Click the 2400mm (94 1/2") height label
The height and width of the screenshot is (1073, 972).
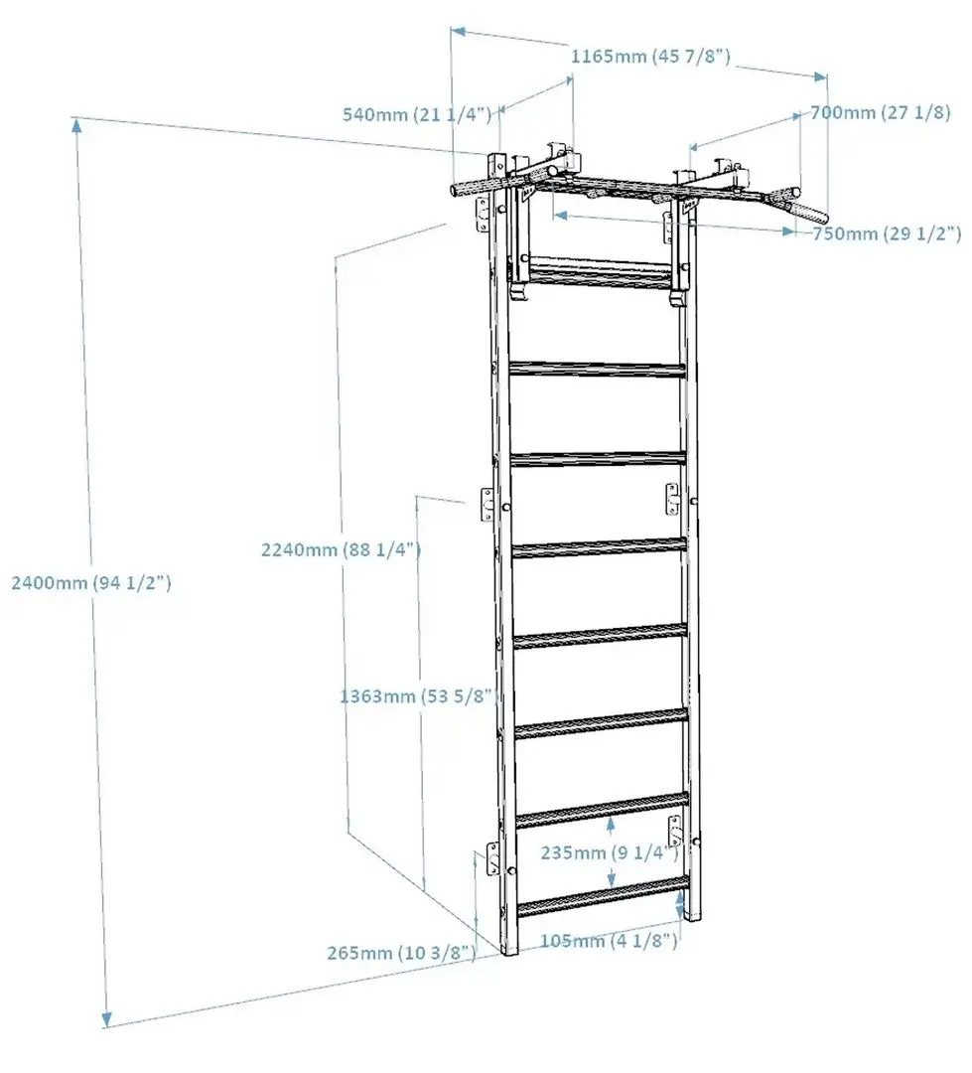pyautogui.click(x=91, y=583)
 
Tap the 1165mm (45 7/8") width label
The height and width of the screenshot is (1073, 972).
pyautogui.click(x=650, y=56)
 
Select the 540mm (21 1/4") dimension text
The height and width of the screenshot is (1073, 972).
pyautogui.click(x=417, y=114)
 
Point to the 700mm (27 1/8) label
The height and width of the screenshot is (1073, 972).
pyautogui.click(x=881, y=112)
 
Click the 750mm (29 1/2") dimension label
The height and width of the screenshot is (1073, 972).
pyautogui.click(x=887, y=233)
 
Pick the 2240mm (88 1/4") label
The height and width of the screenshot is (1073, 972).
pyautogui.click(x=341, y=549)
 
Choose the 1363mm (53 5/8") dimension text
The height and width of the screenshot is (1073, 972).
pyautogui.click(x=417, y=695)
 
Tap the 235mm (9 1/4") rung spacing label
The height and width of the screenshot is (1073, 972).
pyautogui.click(x=610, y=852)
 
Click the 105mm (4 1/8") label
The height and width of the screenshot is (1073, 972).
pyautogui.click(x=608, y=941)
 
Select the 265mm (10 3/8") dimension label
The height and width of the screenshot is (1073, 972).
pyautogui.click(x=401, y=953)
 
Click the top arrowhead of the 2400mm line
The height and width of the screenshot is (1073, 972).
pyautogui.click(x=77, y=126)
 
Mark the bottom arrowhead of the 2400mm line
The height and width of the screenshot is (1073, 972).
pyautogui.click(x=106, y=1019)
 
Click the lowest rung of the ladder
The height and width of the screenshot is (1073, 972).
pyautogui.click(x=604, y=896)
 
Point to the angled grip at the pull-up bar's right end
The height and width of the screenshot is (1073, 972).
pyautogui.click(x=799, y=207)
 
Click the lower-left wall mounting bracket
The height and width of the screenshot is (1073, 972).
pyautogui.click(x=491, y=859)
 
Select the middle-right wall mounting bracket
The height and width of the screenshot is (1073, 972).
pyautogui.click(x=672, y=498)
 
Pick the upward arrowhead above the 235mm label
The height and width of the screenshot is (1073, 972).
pyautogui.click(x=611, y=826)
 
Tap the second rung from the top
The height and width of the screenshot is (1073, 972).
pyautogui.click(x=597, y=371)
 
